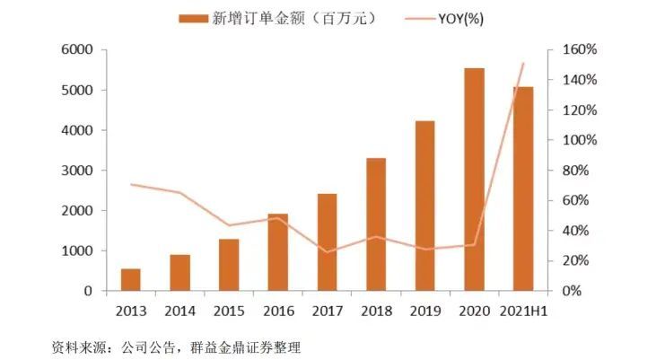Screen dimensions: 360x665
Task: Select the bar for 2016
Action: coord(278,252)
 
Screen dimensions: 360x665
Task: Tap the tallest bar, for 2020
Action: coord(474,180)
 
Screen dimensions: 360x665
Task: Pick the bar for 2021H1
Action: coord(523,189)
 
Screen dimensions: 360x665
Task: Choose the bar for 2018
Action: coord(376,224)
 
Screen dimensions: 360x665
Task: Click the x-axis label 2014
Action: coord(179,311)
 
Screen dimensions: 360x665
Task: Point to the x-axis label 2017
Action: coord(327,311)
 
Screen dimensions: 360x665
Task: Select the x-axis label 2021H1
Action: coord(523,311)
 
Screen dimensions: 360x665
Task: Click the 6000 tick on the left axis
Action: coord(77,50)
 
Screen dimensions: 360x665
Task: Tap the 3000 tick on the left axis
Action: coord(77,171)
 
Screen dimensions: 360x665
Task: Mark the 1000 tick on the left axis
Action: coord(77,251)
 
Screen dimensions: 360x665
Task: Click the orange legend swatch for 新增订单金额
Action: coord(198,18)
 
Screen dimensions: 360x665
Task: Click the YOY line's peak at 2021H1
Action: coord(523,64)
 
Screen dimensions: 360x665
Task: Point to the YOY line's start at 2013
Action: coord(131,184)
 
